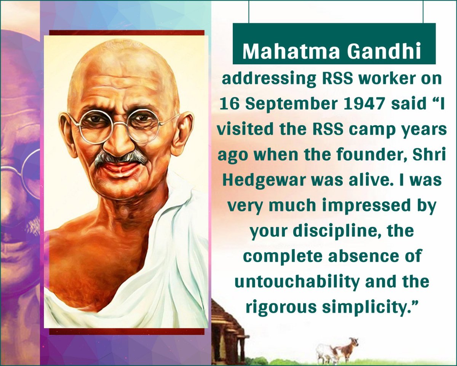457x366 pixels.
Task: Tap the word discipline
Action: [x=331, y=231]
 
